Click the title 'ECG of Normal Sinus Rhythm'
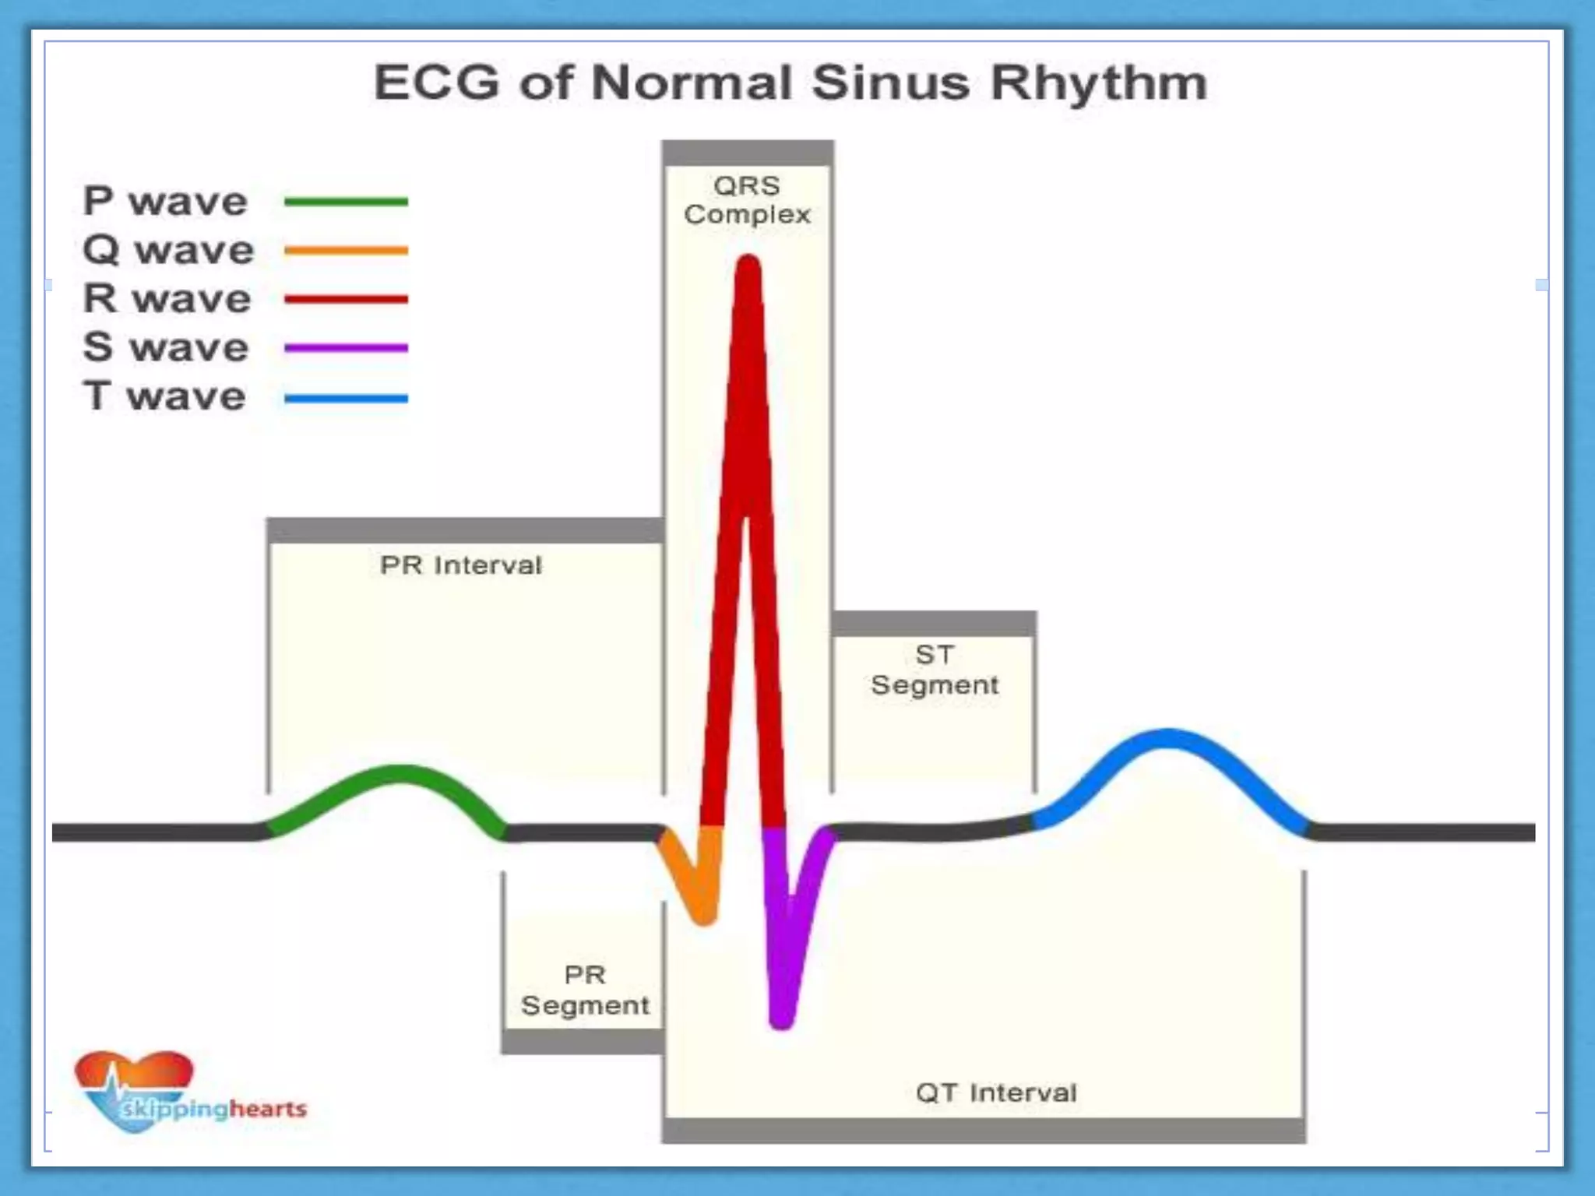[x=790, y=83]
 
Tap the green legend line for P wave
[x=346, y=202]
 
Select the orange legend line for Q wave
[x=346, y=251]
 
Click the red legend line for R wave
[x=346, y=299]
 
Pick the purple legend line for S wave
[x=346, y=348]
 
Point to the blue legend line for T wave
[x=346, y=399]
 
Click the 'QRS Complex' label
[x=747, y=200]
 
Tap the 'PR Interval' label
[x=460, y=565]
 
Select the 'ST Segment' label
[x=934, y=670]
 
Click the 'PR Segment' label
[x=585, y=990]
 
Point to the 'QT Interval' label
[x=996, y=1092]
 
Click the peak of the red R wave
[x=748, y=265]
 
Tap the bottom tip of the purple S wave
[x=780, y=1018]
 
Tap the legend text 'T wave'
[x=164, y=396]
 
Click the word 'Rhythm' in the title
[x=1098, y=83]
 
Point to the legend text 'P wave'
[x=165, y=202]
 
